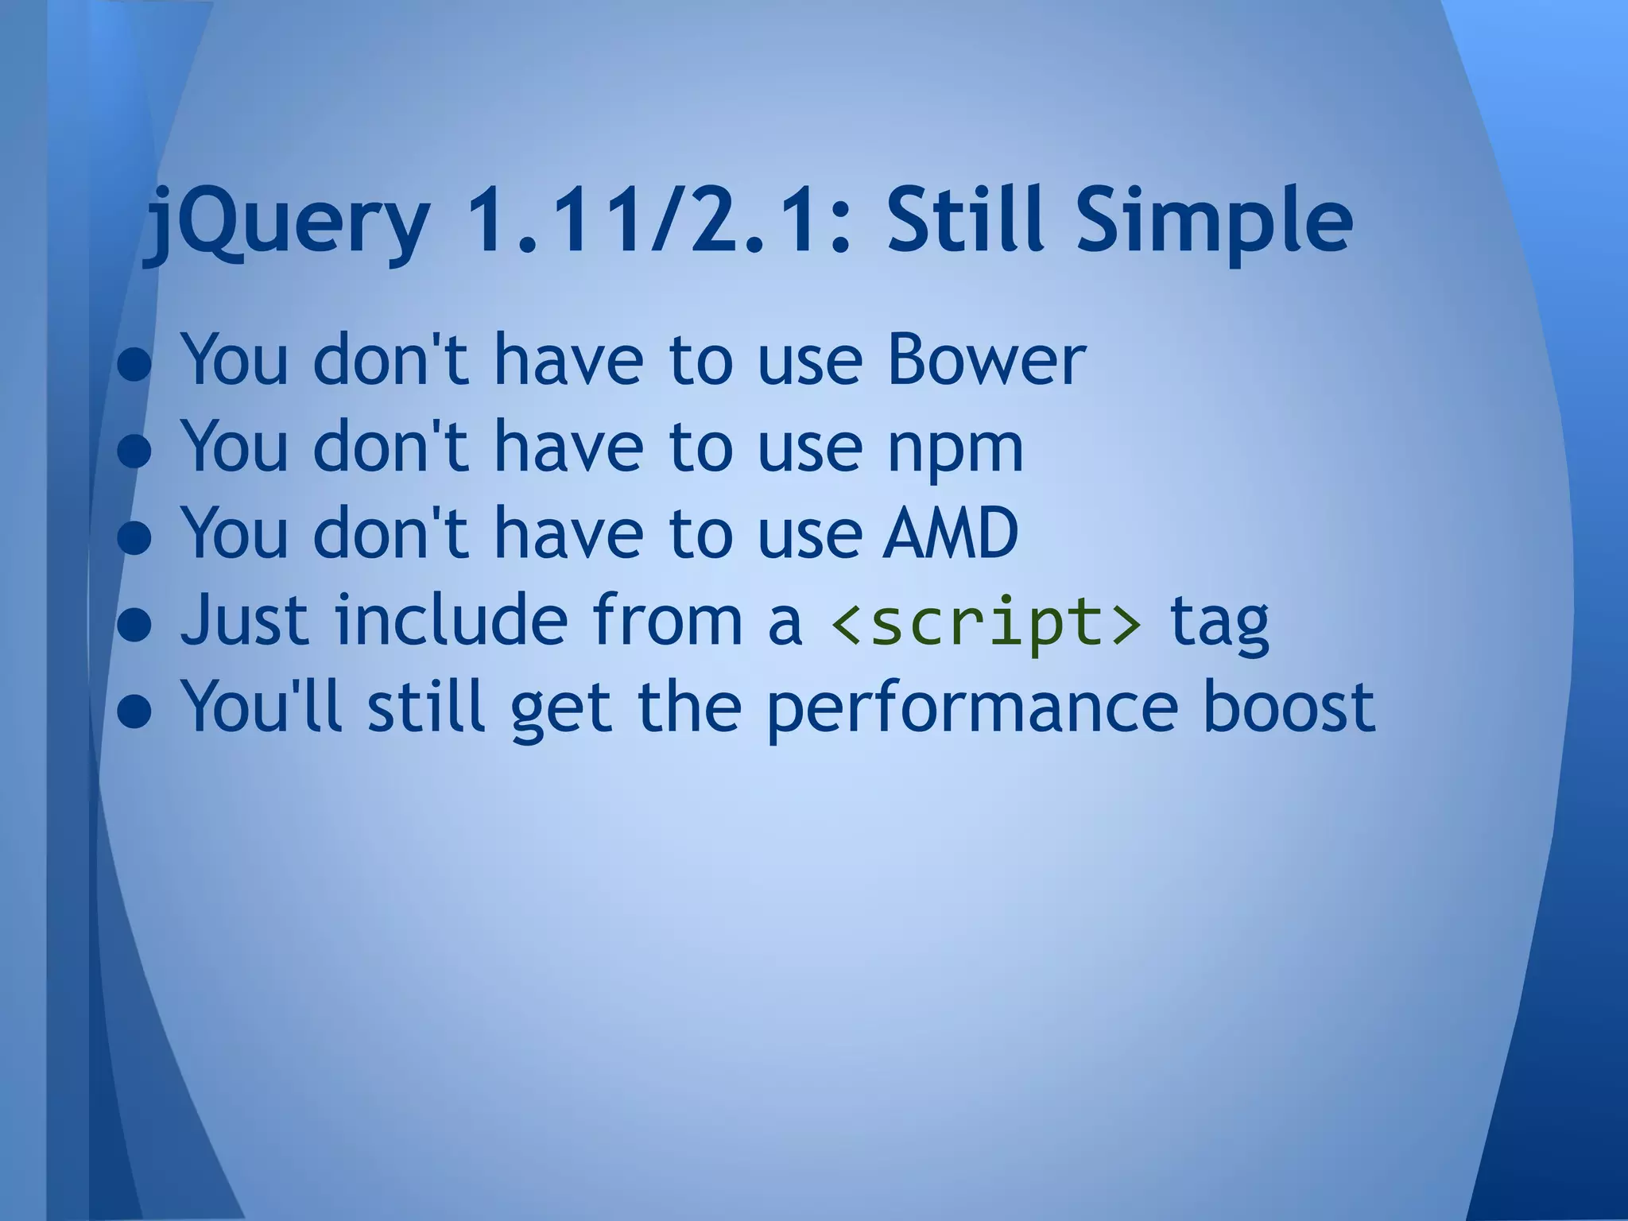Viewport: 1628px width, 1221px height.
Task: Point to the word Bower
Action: [x=986, y=359]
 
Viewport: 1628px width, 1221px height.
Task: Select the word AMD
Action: [x=951, y=532]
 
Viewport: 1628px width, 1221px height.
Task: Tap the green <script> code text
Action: [x=986, y=622]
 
